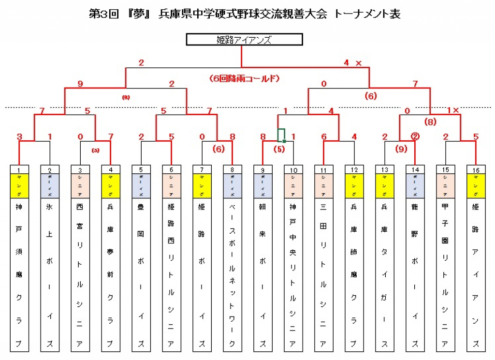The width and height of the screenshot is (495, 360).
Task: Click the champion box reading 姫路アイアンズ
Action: coord(245,39)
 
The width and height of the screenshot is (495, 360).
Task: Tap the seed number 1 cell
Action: coord(19,169)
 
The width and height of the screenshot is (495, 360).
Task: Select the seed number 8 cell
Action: coord(233,169)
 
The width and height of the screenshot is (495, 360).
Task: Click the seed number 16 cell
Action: coord(476,169)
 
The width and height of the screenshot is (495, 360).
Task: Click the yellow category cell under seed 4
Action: coord(111,185)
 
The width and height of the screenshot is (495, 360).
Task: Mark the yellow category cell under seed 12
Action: coord(354,185)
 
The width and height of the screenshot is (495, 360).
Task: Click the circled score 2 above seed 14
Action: coord(415,136)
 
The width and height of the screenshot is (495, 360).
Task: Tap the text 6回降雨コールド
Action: coord(245,78)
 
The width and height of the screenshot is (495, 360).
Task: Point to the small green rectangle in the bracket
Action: coord(281,135)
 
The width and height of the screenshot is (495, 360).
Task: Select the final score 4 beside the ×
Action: coord(346,62)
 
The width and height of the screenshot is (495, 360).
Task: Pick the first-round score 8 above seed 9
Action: coord(263,136)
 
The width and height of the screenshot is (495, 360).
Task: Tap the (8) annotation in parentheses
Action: coord(431,122)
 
